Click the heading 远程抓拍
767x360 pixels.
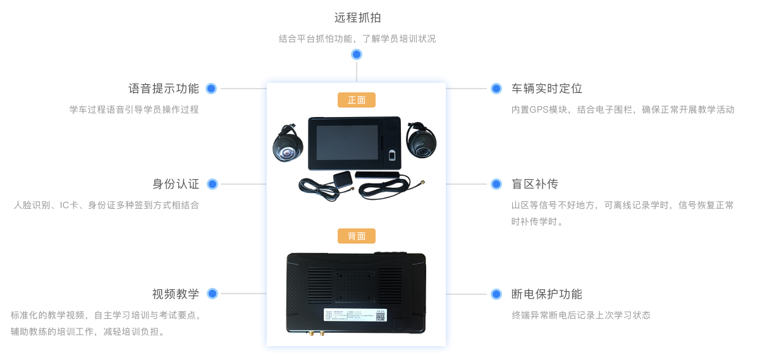[357, 17]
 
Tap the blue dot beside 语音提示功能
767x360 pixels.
[212, 89]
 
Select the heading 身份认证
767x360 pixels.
[176, 184]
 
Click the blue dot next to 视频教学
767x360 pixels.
[212, 294]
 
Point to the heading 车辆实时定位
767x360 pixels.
[546, 89]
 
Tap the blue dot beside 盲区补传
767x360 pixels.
[496, 184]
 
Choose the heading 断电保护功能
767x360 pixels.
[546, 294]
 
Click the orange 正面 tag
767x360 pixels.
[357, 100]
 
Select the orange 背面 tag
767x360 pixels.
[357, 236]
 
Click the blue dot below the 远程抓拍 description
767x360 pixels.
[357, 55]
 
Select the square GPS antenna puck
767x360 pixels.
[342, 178]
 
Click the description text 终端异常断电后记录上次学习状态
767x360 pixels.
[581, 315]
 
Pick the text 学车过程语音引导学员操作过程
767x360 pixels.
[134, 109]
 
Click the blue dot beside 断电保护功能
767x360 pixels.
[496, 294]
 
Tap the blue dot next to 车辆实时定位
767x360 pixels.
[496, 89]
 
